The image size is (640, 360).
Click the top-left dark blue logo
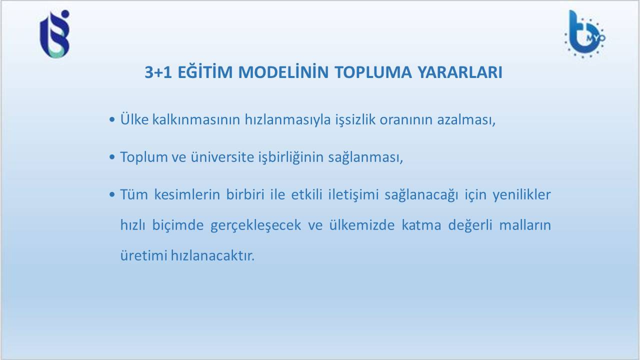tap(54, 34)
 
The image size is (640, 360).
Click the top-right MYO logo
tap(584, 34)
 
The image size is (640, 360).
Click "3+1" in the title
tap(158, 72)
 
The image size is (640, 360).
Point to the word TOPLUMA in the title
tap(373, 72)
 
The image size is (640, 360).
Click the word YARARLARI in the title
tap(460, 72)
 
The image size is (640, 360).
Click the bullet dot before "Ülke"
tap(112, 119)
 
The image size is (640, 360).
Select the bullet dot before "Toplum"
tap(112, 157)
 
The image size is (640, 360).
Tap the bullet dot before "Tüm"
tap(112, 194)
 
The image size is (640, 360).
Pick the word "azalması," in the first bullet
tap(466, 119)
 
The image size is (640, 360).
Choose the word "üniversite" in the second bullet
tap(222, 157)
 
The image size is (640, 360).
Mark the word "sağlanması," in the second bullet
tap(365, 157)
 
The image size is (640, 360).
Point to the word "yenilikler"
tap(521, 195)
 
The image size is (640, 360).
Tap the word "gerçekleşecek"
tap(255, 225)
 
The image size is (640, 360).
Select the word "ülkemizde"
tap(362, 225)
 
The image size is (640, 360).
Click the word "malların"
tap(525, 225)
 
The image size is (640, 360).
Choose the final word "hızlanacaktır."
tap(212, 255)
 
